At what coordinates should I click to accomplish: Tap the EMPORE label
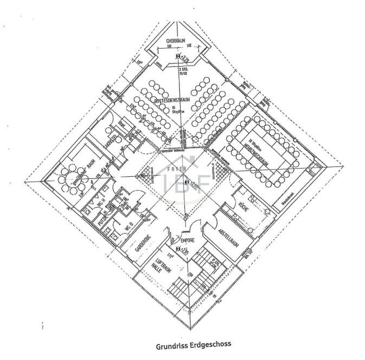click(x=187, y=240)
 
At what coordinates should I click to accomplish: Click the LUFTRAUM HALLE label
click(x=158, y=266)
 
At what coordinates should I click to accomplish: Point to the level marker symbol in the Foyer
click(x=186, y=183)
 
